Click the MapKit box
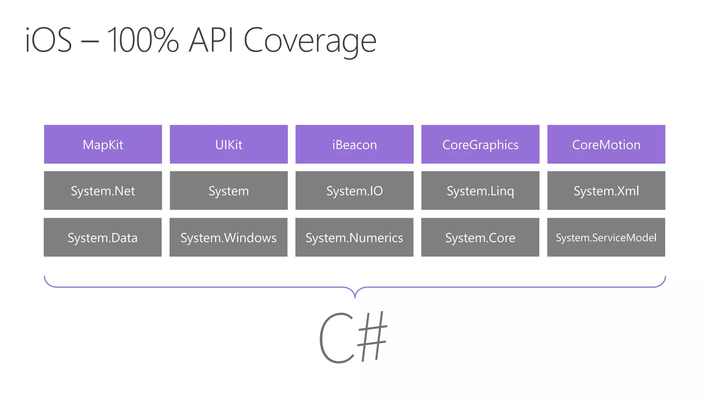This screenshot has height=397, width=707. pyautogui.click(x=103, y=144)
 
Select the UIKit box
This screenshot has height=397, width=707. pyautogui.click(x=229, y=144)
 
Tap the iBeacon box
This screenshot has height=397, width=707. pyautogui.click(x=355, y=144)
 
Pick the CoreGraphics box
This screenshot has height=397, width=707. pyautogui.click(x=480, y=144)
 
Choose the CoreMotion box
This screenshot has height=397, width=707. pyautogui.click(x=606, y=144)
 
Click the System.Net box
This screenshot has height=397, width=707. pyautogui.click(x=103, y=191)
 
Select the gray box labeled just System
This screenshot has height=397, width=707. pyautogui.click(x=229, y=191)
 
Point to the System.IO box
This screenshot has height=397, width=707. pyautogui.click(x=355, y=191)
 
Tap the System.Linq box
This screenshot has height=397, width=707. pyautogui.click(x=480, y=191)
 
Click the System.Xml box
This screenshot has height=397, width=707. pyautogui.click(x=606, y=191)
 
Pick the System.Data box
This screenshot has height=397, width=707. pyautogui.click(x=103, y=237)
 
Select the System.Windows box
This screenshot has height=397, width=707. pyautogui.click(x=229, y=237)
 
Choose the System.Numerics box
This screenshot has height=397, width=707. pyautogui.click(x=354, y=237)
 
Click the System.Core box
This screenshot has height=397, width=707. pyautogui.click(x=480, y=237)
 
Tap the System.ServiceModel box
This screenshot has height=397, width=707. pyautogui.click(x=606, y=237)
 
